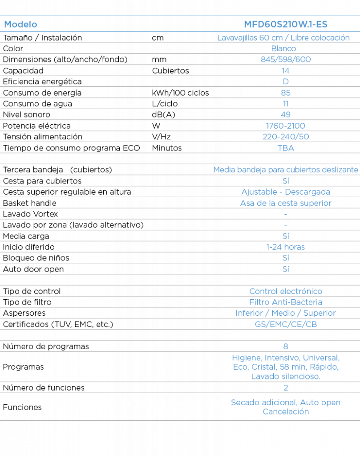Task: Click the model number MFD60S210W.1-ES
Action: point(286,24)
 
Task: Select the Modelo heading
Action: point(20,24)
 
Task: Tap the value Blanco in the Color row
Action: point(283,49)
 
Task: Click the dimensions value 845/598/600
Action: point(286,60)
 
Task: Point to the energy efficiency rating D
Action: point(286,82)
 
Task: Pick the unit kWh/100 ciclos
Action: point(180,93)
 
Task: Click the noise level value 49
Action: point(286,114)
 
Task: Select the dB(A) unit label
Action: point(164,114)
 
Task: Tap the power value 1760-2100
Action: point(286,126)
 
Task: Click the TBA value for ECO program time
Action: point(286,148)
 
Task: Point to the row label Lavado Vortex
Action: point(31,214)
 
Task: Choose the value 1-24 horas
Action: point(286,247)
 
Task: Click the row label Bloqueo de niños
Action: point(36,258)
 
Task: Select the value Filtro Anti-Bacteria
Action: point(286,302)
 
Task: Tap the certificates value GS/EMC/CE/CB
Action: point(286,324)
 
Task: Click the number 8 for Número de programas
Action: point(286,346)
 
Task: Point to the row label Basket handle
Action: point(30,203)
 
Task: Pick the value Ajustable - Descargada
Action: point(286,192)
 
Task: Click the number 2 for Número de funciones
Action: point(286,388)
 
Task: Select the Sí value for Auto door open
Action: point(286,269)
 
